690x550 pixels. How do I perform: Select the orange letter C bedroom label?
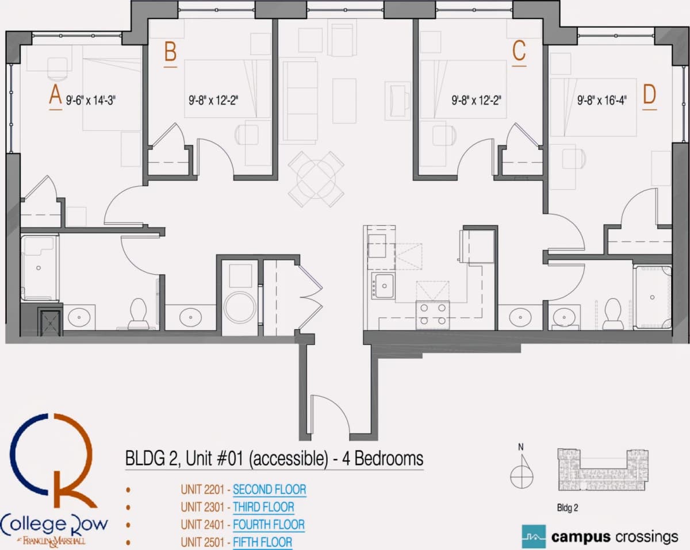[519, 51]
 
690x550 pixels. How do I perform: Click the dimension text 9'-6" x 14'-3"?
[91, 101]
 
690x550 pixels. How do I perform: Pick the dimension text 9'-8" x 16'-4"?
[602, 101]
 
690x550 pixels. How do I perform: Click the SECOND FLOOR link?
[269, 490]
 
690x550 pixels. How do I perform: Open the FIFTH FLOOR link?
[262, 543]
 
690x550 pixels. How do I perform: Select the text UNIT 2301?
[202, 507]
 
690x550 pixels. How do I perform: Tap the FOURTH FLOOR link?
[269, 525]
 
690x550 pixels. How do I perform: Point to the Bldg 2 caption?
[568, 508]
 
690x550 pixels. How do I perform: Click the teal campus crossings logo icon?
[534, 537]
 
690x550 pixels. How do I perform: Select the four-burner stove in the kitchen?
[432, 315]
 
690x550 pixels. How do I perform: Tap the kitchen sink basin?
[384, 286]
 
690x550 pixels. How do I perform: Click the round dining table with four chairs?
[316, 179]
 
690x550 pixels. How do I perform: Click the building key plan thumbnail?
[603, 470]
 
